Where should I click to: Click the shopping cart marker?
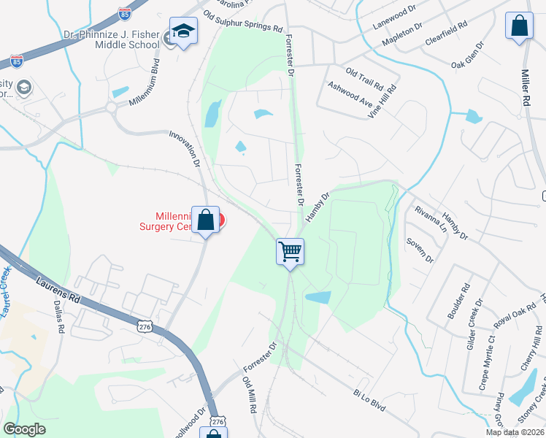pyautogui.click(x=290, y=252)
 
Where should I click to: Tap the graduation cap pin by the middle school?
pyautogui.click(x=183, y=31)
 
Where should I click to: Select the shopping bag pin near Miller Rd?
pyautogui.click(x=519, y=26)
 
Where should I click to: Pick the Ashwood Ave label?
pyautogui.click(x=350, y=94)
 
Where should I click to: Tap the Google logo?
pyautogui.click(x=24, y=429)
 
